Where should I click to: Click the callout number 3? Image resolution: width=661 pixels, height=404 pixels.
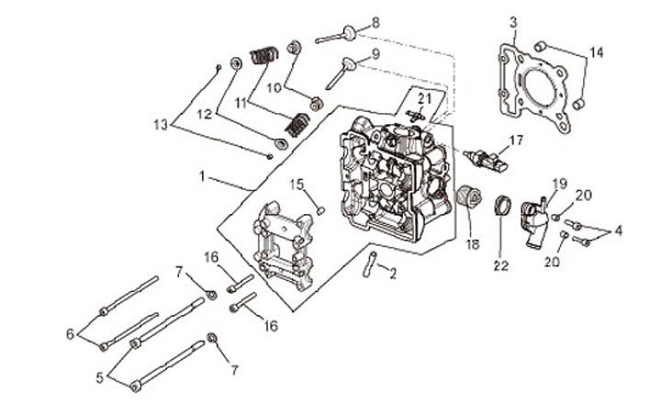(512, 22)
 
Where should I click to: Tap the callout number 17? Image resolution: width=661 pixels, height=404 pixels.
(516, 140)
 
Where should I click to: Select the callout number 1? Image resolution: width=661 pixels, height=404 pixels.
(202, 176)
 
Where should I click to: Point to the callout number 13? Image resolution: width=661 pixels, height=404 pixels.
(161, 125)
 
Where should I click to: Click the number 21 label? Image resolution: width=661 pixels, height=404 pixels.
(425, 99)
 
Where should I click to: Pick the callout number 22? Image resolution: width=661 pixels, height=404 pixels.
(501, 265)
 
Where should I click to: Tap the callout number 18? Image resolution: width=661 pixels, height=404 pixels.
(473, 244)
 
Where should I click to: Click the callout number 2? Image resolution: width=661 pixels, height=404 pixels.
(393, 275)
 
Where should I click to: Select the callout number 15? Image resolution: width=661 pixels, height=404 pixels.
(297, 185)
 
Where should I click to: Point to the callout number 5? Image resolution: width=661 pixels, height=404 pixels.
(99, 378)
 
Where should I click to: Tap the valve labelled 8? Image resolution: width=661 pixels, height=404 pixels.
(336, 35)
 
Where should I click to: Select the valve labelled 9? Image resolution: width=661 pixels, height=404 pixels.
(341, 73)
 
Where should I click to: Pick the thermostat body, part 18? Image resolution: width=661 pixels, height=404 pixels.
(469, 197)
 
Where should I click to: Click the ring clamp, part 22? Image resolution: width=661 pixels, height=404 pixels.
(502, 206)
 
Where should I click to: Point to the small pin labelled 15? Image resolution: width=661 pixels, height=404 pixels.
(320, 209)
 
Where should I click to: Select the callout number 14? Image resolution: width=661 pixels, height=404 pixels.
(596, 52)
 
